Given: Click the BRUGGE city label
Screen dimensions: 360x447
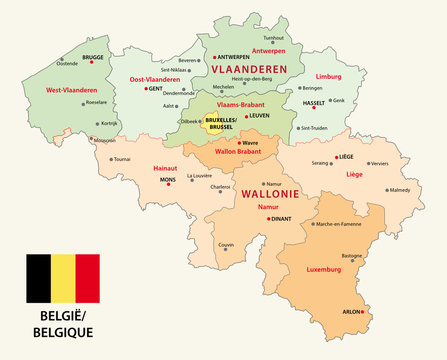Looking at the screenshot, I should click(x=93, y=58).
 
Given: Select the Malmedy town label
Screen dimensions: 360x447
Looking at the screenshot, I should click(x=400, y=190).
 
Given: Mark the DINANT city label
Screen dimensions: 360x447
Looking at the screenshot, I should click(x=279, y=218).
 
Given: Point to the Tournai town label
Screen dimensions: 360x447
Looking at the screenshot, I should click(x=122, y=159).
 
